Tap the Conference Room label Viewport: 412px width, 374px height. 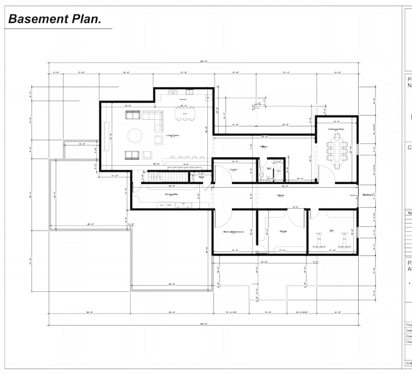click(x=336, y=129)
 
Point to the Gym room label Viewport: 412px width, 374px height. click(x=331, y=231)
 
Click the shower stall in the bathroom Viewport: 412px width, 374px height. click(x=279, y=171)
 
